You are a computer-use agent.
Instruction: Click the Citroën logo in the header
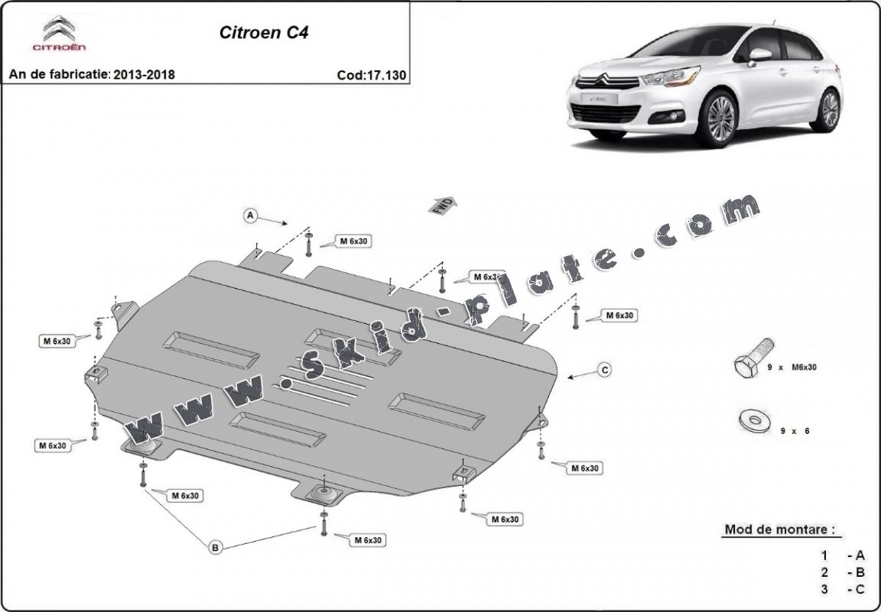[x=58, y=34]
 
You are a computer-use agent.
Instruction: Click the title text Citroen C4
[x=264, y=33]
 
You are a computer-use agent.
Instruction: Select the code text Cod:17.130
[x=371, y=75]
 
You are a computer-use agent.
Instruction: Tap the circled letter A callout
[x=249, y=216]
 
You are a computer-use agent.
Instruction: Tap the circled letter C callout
[x=604, y=371]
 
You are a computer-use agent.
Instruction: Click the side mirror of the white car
[x=760, y=55]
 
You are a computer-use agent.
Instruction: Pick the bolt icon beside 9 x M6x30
[x=749, y=366]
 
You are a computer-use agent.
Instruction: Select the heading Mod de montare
[x=778, y=529]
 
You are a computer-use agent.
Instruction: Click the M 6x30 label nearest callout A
[x=354, y=241]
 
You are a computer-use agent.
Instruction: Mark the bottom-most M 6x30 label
[x=367, y=540]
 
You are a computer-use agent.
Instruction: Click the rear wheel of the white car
[x=829, y=109]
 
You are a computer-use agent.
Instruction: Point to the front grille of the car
[x=604, y=113]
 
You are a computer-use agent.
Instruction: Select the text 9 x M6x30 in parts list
[x=792, y=368]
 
